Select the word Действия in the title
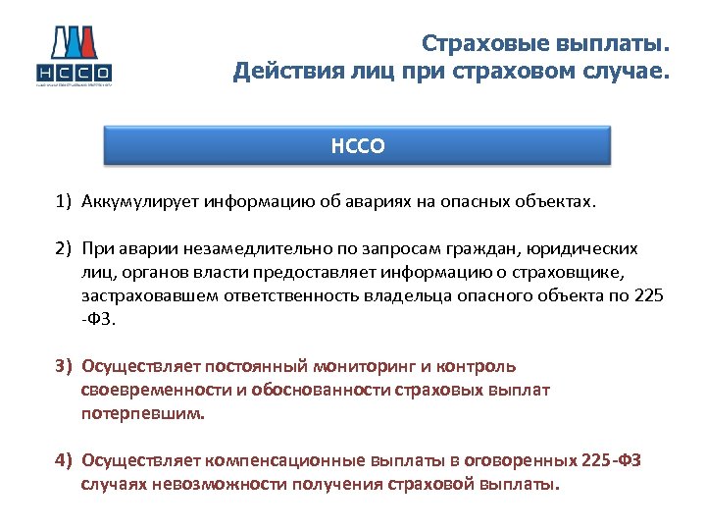coord(279,72)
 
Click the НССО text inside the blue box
coord(357,146)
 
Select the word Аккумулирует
coord(140,201)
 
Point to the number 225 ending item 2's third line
coord(648,295)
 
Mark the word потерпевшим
coord(143,413)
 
